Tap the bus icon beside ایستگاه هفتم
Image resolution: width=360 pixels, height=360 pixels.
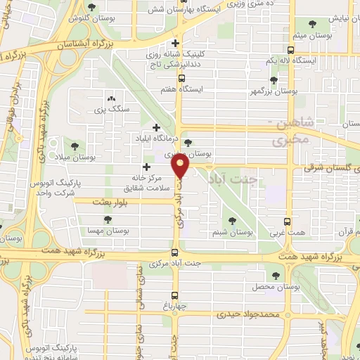182,78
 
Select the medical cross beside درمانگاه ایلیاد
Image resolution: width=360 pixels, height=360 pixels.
156,127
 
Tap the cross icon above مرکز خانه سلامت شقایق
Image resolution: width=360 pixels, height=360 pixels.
146,167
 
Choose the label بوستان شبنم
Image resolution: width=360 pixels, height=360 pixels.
231,231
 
